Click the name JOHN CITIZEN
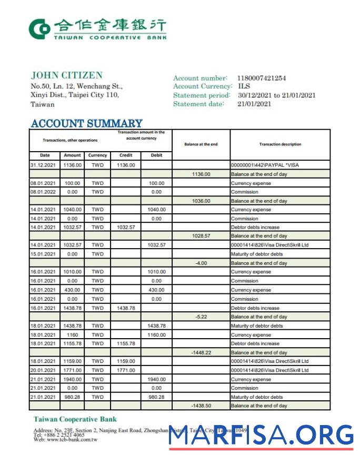click(66, 75)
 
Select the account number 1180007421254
click(261, 78)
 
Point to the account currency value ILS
click(244, 86)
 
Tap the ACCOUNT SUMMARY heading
click(86, 124)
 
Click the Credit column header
click(126, 155)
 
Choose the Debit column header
click(156, 155)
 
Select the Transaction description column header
click(280, 144)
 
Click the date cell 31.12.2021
click(43, 165)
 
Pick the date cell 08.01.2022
click(43, 192)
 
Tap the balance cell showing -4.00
click(201, 263)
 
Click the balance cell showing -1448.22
click(201, 353)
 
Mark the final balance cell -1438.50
click(201, 406)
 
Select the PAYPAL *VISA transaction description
click(261, 165)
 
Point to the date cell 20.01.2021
click(43, 370)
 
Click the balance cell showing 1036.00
click(201, 201)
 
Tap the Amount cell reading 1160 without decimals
click(72, 335)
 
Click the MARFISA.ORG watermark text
click(261, 436)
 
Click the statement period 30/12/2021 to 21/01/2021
click(276, 95)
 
